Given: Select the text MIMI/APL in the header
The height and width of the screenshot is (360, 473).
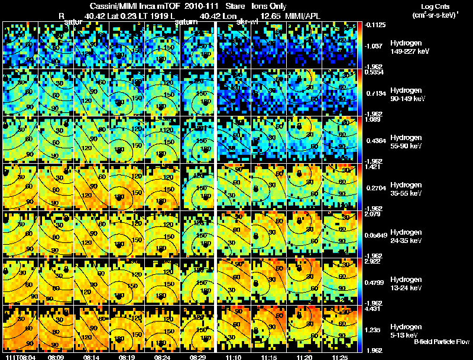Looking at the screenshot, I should (303, 16).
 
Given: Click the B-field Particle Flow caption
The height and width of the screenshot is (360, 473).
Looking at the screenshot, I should (442, 342).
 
